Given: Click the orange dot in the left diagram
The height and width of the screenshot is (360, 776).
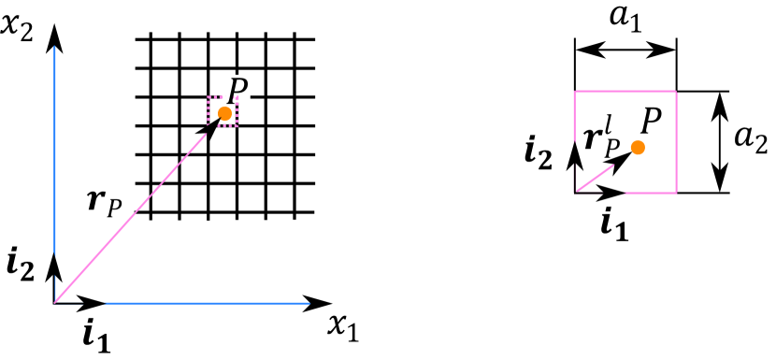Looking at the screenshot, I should click(224, 113).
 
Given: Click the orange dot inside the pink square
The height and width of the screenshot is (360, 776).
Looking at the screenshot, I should click(638, 147).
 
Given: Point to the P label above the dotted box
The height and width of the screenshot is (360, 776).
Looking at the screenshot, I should click(237, 88).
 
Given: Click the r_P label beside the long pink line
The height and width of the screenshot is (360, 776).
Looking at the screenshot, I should click(109, 205).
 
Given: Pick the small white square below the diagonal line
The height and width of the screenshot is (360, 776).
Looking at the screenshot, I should click(122, 247).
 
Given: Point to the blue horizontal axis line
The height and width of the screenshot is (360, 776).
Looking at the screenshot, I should click(206, 303).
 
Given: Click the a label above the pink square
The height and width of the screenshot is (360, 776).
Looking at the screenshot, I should click(625, 24).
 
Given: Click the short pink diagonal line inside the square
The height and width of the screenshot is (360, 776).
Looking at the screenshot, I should click(595, 179).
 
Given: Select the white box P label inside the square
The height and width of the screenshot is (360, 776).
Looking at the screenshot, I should click(641, 119).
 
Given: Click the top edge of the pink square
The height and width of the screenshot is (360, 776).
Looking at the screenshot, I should click(625, 91).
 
